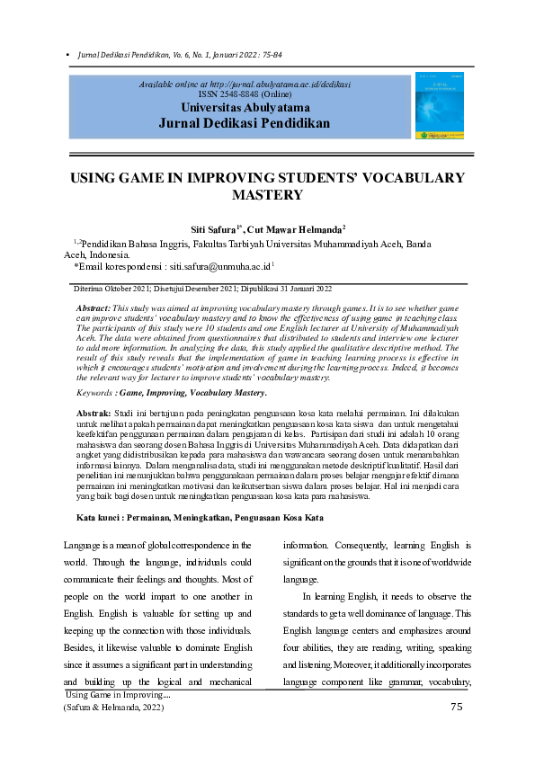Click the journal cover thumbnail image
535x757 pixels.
point(439,106)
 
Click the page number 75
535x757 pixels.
point(457,708)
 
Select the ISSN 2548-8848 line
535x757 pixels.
point(245,94)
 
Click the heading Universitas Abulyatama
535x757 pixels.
point(245,107)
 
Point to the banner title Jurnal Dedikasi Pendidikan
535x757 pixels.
point(245,122)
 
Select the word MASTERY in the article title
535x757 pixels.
point(267,194)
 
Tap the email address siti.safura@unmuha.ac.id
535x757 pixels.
point(219,267)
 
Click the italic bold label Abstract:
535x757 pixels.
point(94,308)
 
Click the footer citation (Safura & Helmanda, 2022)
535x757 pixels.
point(113,708)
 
